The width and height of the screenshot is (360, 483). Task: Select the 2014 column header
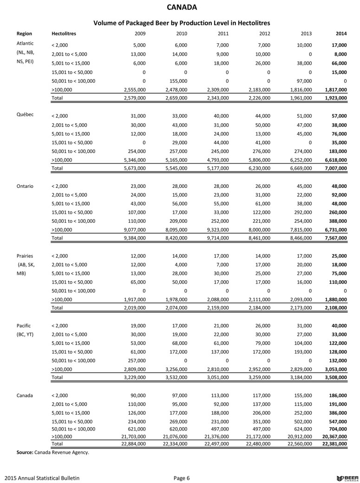[x=340, y=34]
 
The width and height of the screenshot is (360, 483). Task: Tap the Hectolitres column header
[x=64, y=34]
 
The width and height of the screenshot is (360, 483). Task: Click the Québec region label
[x=25, y=115]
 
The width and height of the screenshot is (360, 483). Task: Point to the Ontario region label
[x=25, y=186]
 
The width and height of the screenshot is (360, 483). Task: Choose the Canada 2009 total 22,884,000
[x=132, y=443]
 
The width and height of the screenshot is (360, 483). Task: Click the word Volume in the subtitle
[x=106, y=22]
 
